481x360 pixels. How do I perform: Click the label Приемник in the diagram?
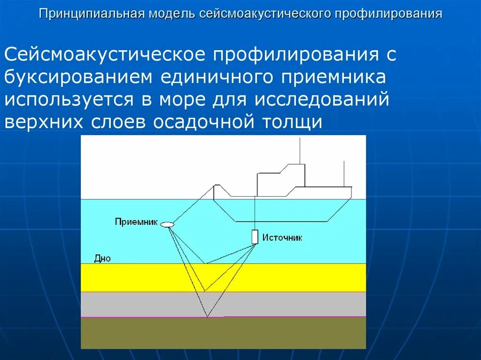pos(136,222)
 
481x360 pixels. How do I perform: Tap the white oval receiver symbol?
pos(167,224)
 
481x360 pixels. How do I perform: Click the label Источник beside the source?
pos(282,238)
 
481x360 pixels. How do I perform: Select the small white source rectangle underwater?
pos(255,237)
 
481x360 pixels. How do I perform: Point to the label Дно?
pos(102,258)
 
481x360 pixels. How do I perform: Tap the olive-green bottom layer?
pos(223,333)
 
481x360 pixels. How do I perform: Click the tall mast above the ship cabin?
pos(300,150)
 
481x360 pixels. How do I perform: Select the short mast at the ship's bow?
pos(344,173)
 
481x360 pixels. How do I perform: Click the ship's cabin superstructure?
pos(281,178)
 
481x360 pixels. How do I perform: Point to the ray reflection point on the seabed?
pos(205,263)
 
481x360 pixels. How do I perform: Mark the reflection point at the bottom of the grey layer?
pos(207,317)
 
